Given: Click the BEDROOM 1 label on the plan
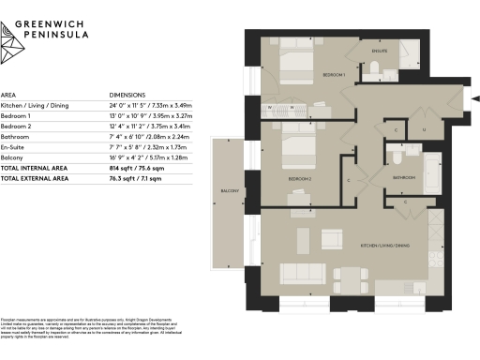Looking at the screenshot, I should pos(337,74).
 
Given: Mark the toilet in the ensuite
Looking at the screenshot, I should pos(373,67).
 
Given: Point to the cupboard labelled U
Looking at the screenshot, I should pos(423,130).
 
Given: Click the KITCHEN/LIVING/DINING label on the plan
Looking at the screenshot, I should pos(384,245).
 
